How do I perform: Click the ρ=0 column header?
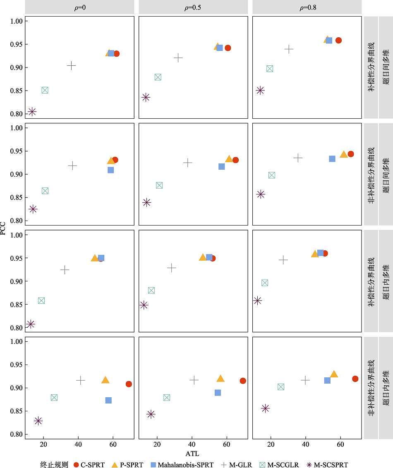(x=79, y=7)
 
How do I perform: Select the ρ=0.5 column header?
(x=193, y=7)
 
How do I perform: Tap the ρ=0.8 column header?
(x=307, y=7)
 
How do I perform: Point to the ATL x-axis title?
(x=193, y=454)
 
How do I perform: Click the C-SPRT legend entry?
(x=90, y=465)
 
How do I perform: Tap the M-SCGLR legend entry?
(x=281, y=465)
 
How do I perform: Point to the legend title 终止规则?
(x=54, y=465)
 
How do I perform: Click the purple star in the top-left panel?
(x=32, y=112)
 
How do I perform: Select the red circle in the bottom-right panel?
(x=355, y=379)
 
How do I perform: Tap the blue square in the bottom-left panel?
(x=108, y=400)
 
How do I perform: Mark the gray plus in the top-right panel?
(x=289, y=49)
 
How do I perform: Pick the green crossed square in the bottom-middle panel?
(x=167, y=398)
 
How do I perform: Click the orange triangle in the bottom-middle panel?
(x=220, y=379)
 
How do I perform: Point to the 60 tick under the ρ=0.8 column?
(x=340, y=445)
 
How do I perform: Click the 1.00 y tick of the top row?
(x=17, y=21)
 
